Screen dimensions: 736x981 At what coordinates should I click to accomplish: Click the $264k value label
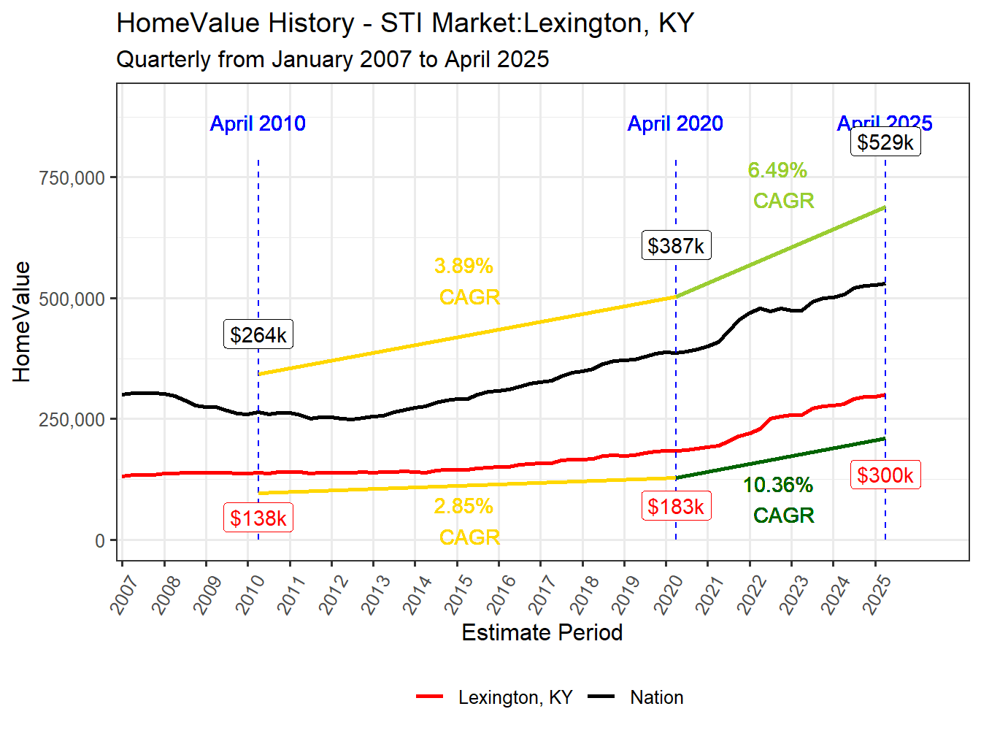pos(258,334)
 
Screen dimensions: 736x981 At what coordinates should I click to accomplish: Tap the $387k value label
pos(676,245)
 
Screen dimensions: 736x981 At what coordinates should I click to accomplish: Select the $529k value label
pos(885,142)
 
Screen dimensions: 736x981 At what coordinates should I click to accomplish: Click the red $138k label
pos(258,518)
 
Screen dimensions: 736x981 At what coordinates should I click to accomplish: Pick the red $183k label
pos(676,506)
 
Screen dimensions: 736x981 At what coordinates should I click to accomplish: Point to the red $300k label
pos(885,475)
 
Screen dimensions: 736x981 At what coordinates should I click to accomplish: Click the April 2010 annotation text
pos(258,123)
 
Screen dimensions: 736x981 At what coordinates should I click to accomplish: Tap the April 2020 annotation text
pos(675,123)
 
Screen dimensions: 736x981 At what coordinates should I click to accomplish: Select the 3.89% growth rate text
pos(464,266)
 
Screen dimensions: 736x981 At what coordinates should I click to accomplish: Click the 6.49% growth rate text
pos(777,170)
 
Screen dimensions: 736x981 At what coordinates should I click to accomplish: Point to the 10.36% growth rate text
pos(777,485)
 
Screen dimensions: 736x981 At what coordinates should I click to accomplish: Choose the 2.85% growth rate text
pos(464,506)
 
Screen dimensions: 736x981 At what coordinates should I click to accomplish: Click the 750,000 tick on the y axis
pos(72,177)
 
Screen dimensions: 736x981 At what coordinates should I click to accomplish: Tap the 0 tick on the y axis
pos(100,541)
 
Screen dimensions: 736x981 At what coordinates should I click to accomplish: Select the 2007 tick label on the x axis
pos(124,595)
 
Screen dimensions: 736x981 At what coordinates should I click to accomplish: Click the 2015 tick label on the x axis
pos(459,595)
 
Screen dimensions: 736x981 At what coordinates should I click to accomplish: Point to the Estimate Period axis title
pos(542,632)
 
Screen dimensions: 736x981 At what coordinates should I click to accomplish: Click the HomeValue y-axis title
pos(22,321)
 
